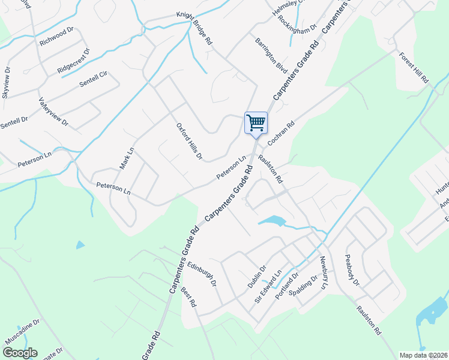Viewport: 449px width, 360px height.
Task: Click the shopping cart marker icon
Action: pyautogui.click(x=256, y=124)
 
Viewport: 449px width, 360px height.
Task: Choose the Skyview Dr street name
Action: pyautogui.click(x=7, y=83)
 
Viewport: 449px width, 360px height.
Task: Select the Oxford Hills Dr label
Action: pyautogui.click(x=189, y=142)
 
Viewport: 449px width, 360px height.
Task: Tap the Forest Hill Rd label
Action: pyautogui.click(x=414, y=67)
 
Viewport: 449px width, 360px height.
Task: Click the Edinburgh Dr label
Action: pyautogui.click(x=201, y=273)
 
